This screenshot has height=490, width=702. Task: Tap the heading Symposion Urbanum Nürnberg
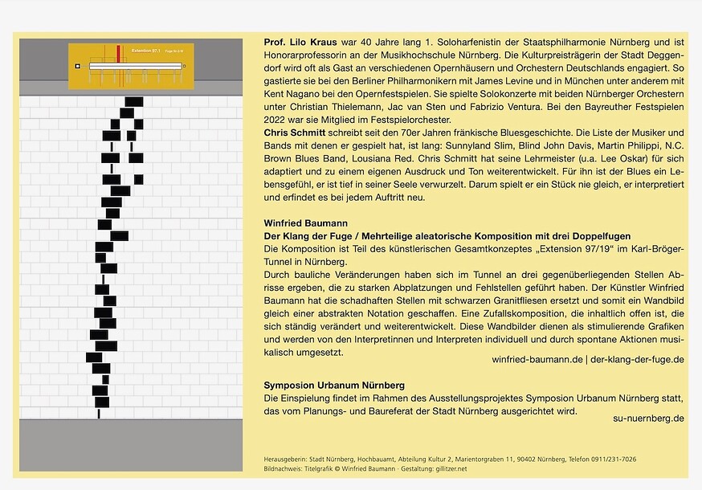(334, 386)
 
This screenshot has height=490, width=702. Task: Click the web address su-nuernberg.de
(648, 418)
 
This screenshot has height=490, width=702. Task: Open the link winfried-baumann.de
(537, 360)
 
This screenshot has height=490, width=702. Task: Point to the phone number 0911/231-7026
(611, 459)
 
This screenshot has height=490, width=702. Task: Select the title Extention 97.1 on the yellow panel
(146, 51)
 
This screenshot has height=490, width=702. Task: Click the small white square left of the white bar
(77, 66)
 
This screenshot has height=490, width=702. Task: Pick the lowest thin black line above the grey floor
(99, 414)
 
